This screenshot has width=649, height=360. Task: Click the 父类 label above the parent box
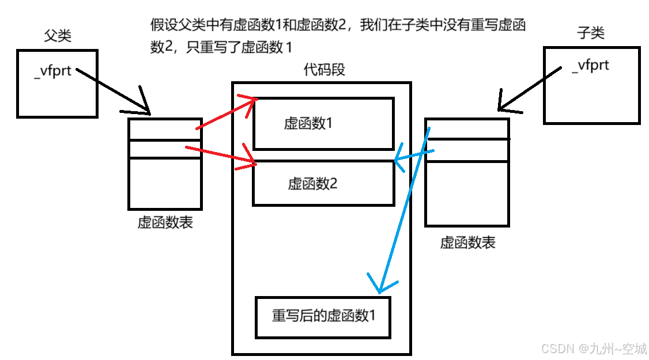coord(58,36)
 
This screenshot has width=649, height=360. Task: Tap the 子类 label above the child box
coord(591,33)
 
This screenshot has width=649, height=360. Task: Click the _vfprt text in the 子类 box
coord(590,65)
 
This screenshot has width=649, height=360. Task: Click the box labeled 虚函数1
coord(323,123)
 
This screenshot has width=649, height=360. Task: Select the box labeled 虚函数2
coord(323,183)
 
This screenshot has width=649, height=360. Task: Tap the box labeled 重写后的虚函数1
coord(323,316)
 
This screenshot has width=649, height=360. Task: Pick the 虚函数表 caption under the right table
coord(467,242)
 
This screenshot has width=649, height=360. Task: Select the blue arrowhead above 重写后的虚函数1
coord(380,286)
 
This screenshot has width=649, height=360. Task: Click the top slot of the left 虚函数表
coord(164,129)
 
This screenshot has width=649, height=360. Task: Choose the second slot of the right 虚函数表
coord(467,150)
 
